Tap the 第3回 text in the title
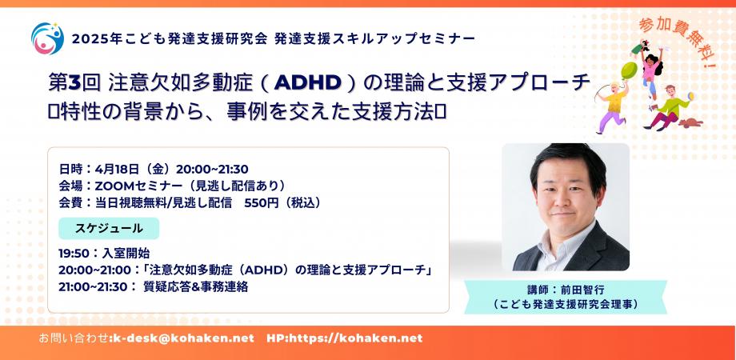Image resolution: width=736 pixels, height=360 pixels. [x=74, y=83]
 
